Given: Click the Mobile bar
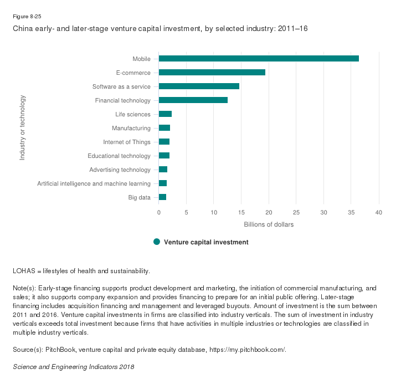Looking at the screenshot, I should click(259, 59).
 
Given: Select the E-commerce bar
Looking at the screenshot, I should click(212, 73).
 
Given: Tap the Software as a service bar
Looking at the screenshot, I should click(199, 86).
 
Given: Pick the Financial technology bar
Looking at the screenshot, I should click(193, 100).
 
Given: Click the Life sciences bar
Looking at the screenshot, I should click(165, 114).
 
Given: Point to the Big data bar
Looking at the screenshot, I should click(162, 197).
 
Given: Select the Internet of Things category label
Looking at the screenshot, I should click(127, 142).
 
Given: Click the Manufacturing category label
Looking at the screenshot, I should click(131, 128).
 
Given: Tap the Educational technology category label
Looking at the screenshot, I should click(119, 156).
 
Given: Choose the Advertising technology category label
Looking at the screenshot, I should click(120, 170).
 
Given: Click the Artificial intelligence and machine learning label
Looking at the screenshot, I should click(94, 183).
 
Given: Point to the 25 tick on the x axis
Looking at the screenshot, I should click(296, 212).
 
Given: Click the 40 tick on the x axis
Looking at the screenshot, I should click(379, 212).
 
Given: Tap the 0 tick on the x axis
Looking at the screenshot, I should click(159, 212).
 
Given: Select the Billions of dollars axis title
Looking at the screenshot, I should click(269, 224).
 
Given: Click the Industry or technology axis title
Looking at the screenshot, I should click(23, 128).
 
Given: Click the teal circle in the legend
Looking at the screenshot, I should click(157, 242).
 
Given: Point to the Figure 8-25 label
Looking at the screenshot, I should click(25, 16).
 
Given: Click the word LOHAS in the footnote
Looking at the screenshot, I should click(23, 271).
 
